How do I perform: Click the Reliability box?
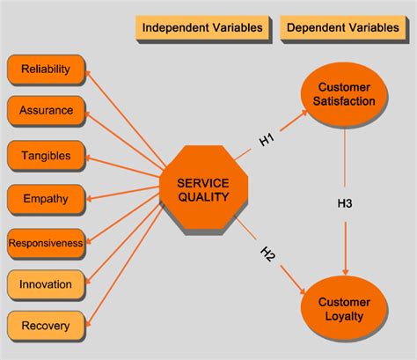click(x=46, y=69)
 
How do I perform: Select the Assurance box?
click(x=46, y=112)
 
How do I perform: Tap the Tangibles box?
click(x=46, y=155)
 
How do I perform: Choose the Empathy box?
click(x=46, y=198)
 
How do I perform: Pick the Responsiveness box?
click(x=46, y=241)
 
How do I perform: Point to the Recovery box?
click(x=46, y=326)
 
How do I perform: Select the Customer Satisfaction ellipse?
click(x=346, y=94)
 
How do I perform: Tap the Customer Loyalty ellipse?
click(x=346, y=309)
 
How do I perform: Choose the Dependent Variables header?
click(x=344, y=27)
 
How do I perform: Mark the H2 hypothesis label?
click(x=267, y=254)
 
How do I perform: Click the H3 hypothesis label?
click(x=345, y=203)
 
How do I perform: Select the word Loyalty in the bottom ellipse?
click(x=346, y=316)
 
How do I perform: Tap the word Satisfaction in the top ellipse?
click(x=346, y=101)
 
